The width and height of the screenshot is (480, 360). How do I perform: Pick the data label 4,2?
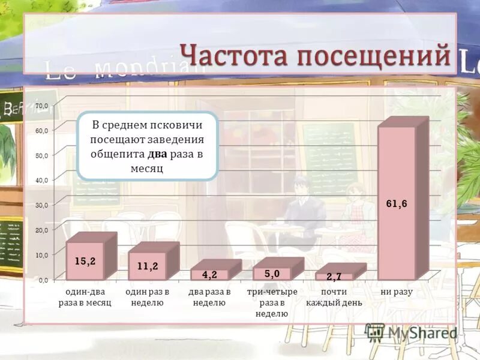209,275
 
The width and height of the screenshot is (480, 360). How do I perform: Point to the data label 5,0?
272,274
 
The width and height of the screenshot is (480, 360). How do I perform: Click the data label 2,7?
334,277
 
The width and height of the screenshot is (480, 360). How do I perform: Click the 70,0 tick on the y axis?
41,106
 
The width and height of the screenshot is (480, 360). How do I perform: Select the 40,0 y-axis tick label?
41,180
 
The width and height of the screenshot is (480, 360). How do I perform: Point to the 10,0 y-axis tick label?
41,255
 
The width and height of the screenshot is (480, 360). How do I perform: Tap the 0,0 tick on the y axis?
43,280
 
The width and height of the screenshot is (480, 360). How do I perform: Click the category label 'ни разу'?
397,292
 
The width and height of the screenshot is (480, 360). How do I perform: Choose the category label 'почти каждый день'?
334,297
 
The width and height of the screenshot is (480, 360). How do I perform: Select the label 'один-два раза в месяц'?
85,297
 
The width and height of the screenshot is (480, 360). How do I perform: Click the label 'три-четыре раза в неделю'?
272,302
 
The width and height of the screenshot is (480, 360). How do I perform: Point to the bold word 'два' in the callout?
157,154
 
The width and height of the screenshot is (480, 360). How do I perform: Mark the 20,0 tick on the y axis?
41,230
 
